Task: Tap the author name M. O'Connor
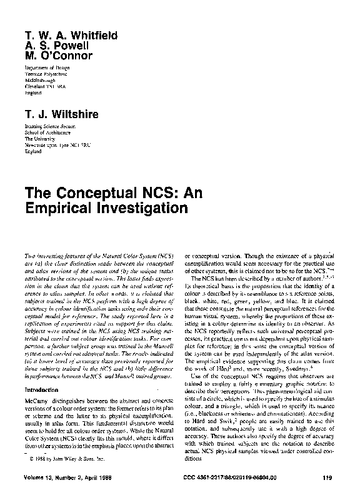[59, 56]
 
